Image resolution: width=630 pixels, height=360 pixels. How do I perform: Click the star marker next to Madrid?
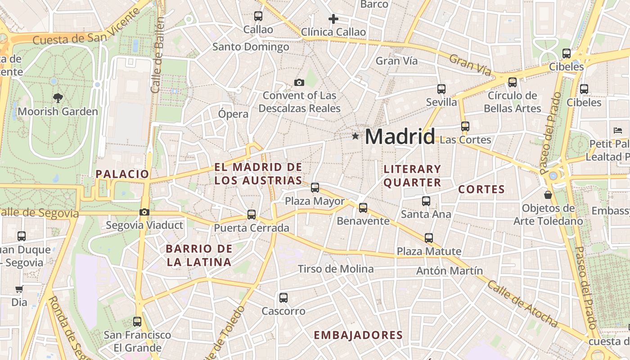point(355,136)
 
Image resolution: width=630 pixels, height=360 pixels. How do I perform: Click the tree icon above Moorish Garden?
point(58,98)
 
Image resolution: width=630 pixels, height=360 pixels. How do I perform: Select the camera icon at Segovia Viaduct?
point(144,212)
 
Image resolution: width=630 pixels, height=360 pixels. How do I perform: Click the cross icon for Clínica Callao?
point(333,19)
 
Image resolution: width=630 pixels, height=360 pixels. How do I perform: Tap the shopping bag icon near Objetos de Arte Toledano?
point(548,195)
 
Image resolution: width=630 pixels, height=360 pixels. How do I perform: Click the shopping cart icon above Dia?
point(19,289)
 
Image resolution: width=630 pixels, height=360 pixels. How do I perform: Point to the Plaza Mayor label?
point(315,201)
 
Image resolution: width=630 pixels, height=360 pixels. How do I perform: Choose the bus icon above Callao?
point(258,16)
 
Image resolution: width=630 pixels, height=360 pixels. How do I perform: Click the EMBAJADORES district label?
point(358,335)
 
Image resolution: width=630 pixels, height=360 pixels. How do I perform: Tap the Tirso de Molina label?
point(336,269)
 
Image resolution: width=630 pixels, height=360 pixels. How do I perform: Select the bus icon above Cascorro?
point(283,297)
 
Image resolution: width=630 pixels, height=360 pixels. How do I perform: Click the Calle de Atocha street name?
point(522,304)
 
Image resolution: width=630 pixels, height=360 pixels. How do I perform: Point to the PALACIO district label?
point(122,174)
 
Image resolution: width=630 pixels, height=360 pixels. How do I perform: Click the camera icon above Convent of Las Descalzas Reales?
point(299,82)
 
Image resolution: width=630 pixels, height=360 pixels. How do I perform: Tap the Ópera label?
point(233,114)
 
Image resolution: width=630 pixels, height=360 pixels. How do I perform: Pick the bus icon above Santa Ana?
point(426,201)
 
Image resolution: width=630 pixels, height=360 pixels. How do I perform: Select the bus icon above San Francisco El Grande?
point(137,322)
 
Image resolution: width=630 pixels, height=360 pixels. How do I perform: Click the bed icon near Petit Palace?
point(617,130)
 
